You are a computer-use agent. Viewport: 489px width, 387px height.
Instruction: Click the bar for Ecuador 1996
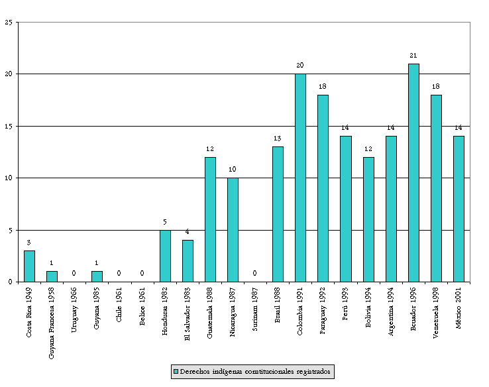click(x=413, y=172)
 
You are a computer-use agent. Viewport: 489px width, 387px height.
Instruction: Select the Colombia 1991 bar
click(x=300, y=178)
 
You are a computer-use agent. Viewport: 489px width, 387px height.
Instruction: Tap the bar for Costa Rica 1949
click(x=29, y=266)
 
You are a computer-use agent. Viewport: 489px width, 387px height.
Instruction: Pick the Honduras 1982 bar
click(x=165, y=256)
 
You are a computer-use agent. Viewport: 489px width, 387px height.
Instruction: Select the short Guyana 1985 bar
click(x=97, y=276)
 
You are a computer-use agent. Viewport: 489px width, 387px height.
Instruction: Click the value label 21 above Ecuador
click(x=413, y=56)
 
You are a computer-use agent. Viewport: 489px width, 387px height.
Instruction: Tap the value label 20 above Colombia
click(x=300, y=66)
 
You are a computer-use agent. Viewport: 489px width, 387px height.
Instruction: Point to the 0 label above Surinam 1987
click(x=255, y=273)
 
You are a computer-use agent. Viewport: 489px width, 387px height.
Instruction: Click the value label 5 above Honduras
click(x=165, y=221)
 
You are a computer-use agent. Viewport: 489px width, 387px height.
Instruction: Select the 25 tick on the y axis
click(x=9, y=22)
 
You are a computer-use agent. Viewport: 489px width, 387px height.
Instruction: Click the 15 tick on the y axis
click(x=9, y=126)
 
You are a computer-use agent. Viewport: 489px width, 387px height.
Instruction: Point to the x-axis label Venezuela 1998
click(x=436, y=312)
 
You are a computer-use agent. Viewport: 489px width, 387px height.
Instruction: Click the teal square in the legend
click(x=176, y=372)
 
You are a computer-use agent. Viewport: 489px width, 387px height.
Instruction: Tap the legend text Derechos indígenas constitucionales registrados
click(x=255, y=372)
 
